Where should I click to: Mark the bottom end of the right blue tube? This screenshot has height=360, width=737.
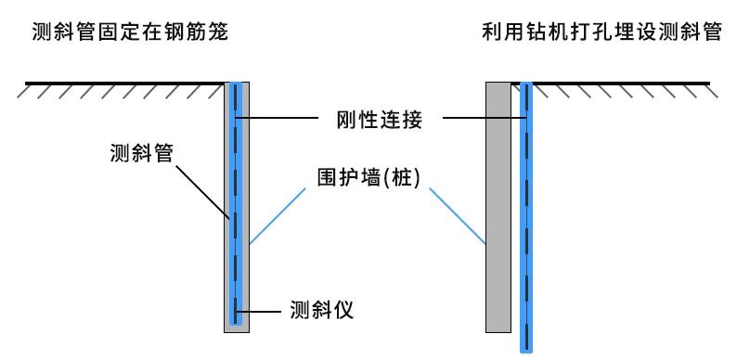point(526,349)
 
